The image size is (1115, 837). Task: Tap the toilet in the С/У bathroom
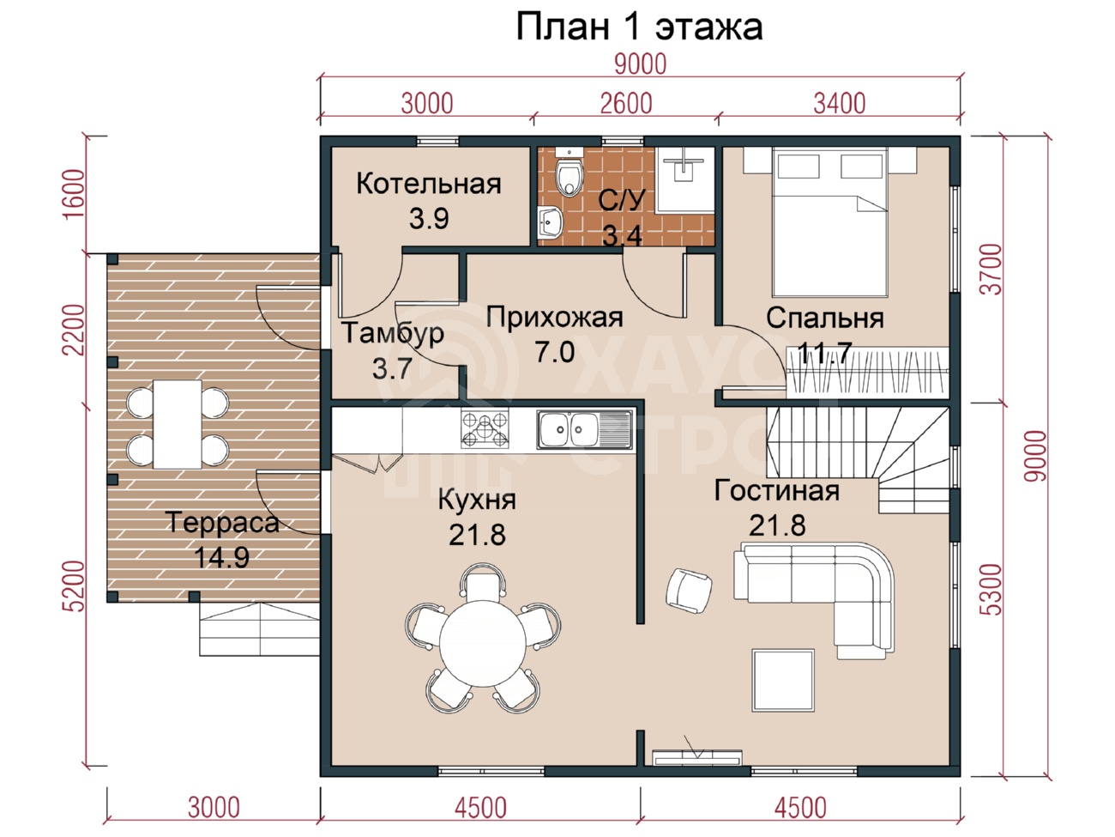(569, 174)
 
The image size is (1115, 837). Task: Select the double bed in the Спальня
(830, 222)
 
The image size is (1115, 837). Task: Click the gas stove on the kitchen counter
(485, 429)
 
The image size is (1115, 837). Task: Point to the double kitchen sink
(584, 430)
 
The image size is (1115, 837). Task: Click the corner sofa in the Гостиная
(814, 600)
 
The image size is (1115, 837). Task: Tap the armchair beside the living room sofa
(689, 591)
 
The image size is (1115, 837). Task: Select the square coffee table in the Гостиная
(783, 679)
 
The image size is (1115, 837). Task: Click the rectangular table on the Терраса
(178, 424)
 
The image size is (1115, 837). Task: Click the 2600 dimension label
(626, 104)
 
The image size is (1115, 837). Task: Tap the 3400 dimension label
(839, 104)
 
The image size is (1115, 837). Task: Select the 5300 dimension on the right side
(992, 589)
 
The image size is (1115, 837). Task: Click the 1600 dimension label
(75, 195)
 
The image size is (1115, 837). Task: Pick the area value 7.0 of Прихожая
(554, 352)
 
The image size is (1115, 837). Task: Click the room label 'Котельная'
(428, 184)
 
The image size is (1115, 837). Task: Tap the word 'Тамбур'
(393, 333)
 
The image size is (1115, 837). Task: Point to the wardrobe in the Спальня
(868, 373)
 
